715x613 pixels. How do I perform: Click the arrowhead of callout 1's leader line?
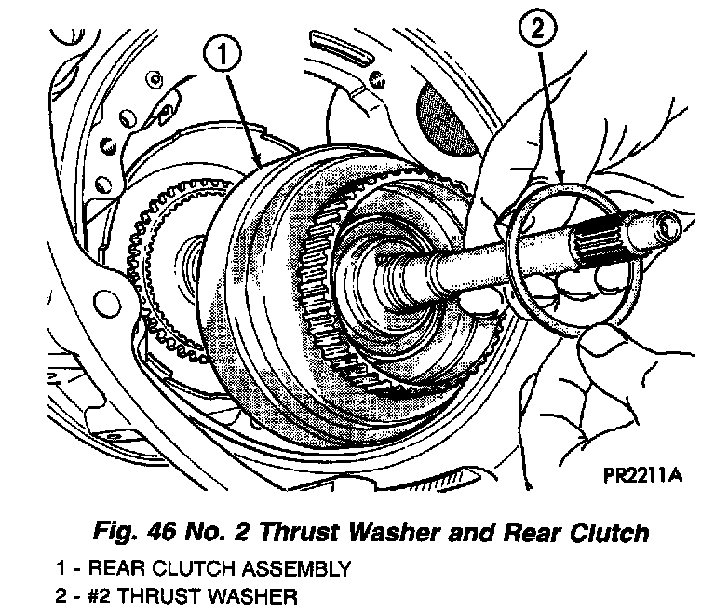point(258,169)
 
